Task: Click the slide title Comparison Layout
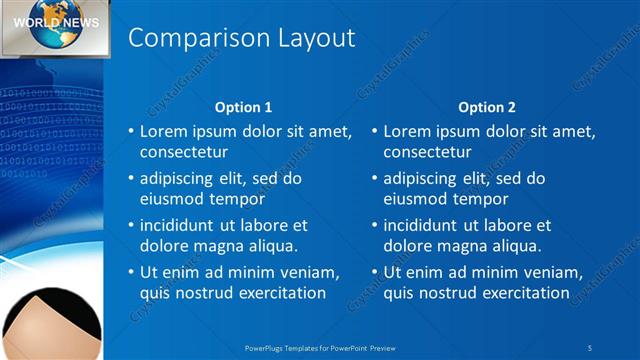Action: [x=242, y=38]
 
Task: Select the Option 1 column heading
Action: [x=244, y=107]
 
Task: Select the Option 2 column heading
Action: [x=487, y=107]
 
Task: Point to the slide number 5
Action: [x=590, y=347]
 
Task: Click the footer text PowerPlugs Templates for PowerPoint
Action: [x=320, y=347]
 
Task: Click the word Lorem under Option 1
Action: [x=163, y=131]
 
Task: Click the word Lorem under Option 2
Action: [x=407, y=131]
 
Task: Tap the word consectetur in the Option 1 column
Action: [x=183, y=152]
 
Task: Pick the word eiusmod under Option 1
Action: [x=171, y=199]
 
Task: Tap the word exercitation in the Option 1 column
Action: [x=278, y=293]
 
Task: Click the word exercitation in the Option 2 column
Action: [x=522, y=293]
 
